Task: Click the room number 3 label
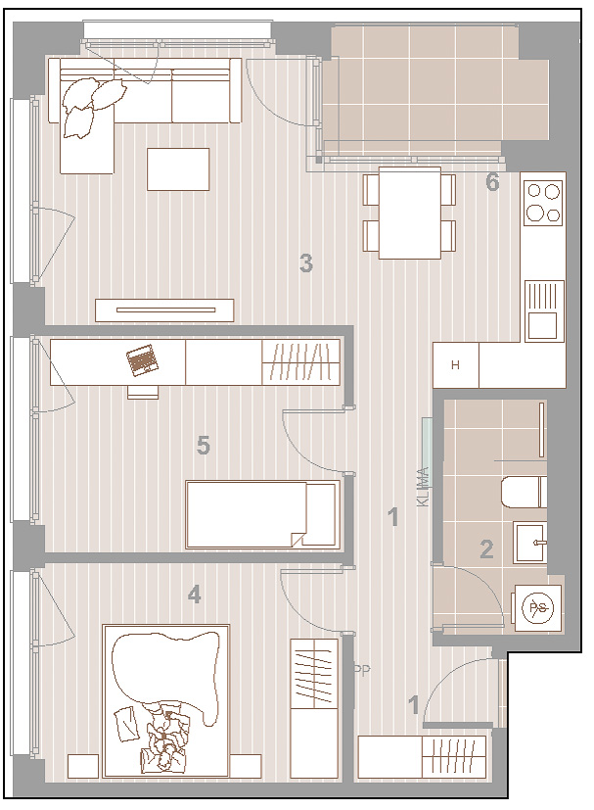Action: [306, 262]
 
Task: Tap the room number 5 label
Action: [204, 445]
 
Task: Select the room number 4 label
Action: [194, 595]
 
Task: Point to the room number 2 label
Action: [486, 549]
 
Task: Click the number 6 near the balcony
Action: [493, 182]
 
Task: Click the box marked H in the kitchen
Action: [455, 365]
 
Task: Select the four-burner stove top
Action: [543, 202]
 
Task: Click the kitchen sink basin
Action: [542, 325]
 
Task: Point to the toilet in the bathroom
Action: [524, 492]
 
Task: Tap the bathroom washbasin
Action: [530, 543]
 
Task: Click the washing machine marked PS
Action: [537, 608]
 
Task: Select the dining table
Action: [410, 213]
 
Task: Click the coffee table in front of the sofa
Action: [178, 169]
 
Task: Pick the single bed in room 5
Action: [262, 514]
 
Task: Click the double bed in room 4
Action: [165, 701]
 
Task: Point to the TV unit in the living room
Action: [164, 310]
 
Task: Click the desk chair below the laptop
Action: [143, 392]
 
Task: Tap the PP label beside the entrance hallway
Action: [362, 670]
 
